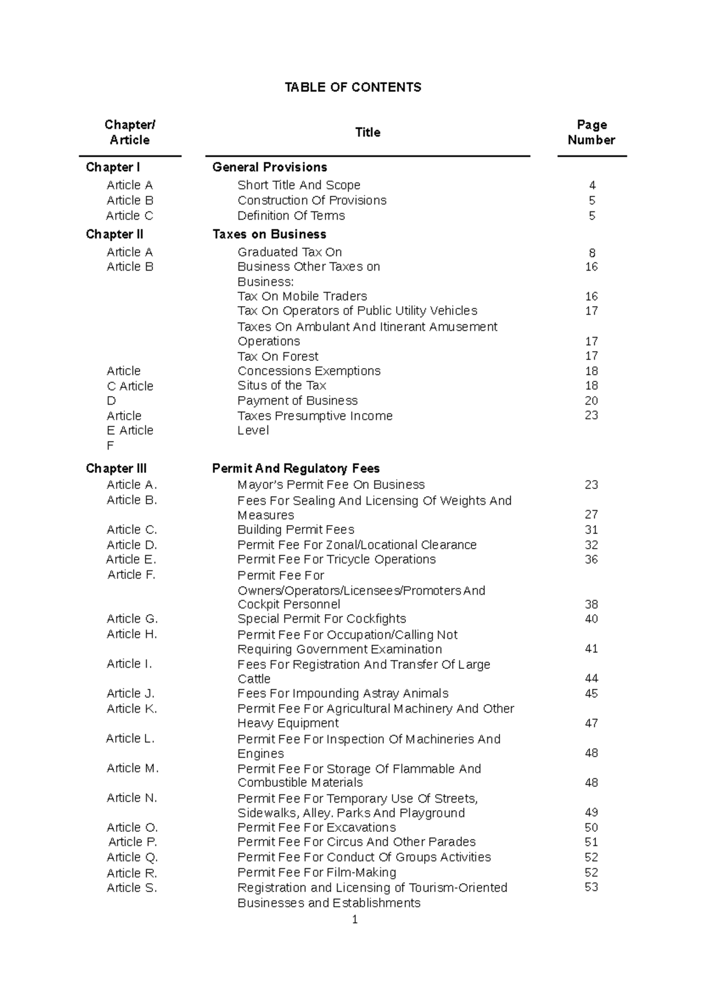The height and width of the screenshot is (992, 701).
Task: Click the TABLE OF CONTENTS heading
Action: coord(352,88)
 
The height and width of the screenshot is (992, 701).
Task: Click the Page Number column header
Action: coord(591,133)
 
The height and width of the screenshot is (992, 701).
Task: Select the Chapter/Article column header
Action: coord(130,133)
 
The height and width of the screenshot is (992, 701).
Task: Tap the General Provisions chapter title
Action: coord(269,168)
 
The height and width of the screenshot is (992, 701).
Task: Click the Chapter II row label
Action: coord(114,234)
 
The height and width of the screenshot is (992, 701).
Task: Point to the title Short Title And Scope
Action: coord(299,185)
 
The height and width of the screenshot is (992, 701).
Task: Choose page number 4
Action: coord(592,186)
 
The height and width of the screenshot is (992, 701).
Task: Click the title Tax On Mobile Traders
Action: coord(302,296)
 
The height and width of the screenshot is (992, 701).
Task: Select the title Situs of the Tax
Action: coord(282,386)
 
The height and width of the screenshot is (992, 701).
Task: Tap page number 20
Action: coord(591,401)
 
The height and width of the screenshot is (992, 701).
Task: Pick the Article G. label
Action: coord(132,619)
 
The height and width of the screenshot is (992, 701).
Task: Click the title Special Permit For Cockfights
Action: coord(321,619)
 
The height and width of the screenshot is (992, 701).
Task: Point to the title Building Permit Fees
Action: coord(296,530)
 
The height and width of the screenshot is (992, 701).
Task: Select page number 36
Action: coord(591,560)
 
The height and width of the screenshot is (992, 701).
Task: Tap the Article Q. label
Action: coord(132,857)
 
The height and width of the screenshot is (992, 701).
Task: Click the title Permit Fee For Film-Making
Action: coord(317,872)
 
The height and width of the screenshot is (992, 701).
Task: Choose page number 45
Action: coord(591,693)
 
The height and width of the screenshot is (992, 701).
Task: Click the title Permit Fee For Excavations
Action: coord(317,828)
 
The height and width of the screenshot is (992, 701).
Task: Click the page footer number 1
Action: coord(355,920)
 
